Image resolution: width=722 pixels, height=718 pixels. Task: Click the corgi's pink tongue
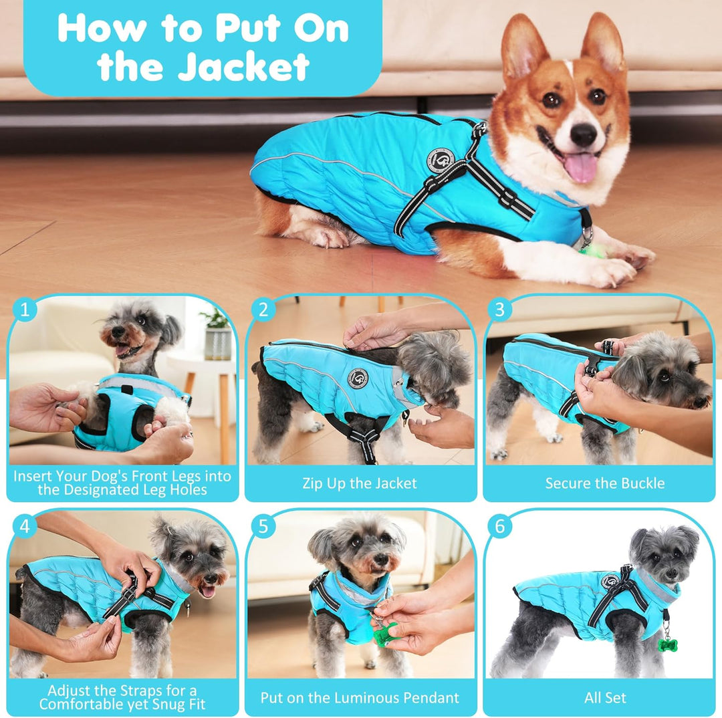click(580, 166)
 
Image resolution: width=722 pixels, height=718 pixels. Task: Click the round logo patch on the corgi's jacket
click(440, 160)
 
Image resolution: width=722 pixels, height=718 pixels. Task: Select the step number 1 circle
click(25, 310)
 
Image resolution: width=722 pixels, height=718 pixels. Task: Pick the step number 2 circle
click(263, 310)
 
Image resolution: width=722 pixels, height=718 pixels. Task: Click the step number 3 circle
click(499, 310)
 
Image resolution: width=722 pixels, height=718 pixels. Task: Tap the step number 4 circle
click(25, 526)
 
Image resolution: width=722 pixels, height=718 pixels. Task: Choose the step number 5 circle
click(263, 526)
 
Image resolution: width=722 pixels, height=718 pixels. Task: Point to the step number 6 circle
click(499, 526)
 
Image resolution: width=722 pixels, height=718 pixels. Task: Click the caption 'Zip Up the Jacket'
click(360, 483)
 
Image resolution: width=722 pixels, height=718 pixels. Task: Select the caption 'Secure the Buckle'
click(604, 483)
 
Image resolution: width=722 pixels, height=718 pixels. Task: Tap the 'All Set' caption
click(604, 698)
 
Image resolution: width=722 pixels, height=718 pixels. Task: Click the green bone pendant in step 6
click(667, 644)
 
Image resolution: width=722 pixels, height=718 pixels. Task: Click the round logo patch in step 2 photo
click(358, 378)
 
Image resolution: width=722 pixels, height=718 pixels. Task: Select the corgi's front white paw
click(612, 271)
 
